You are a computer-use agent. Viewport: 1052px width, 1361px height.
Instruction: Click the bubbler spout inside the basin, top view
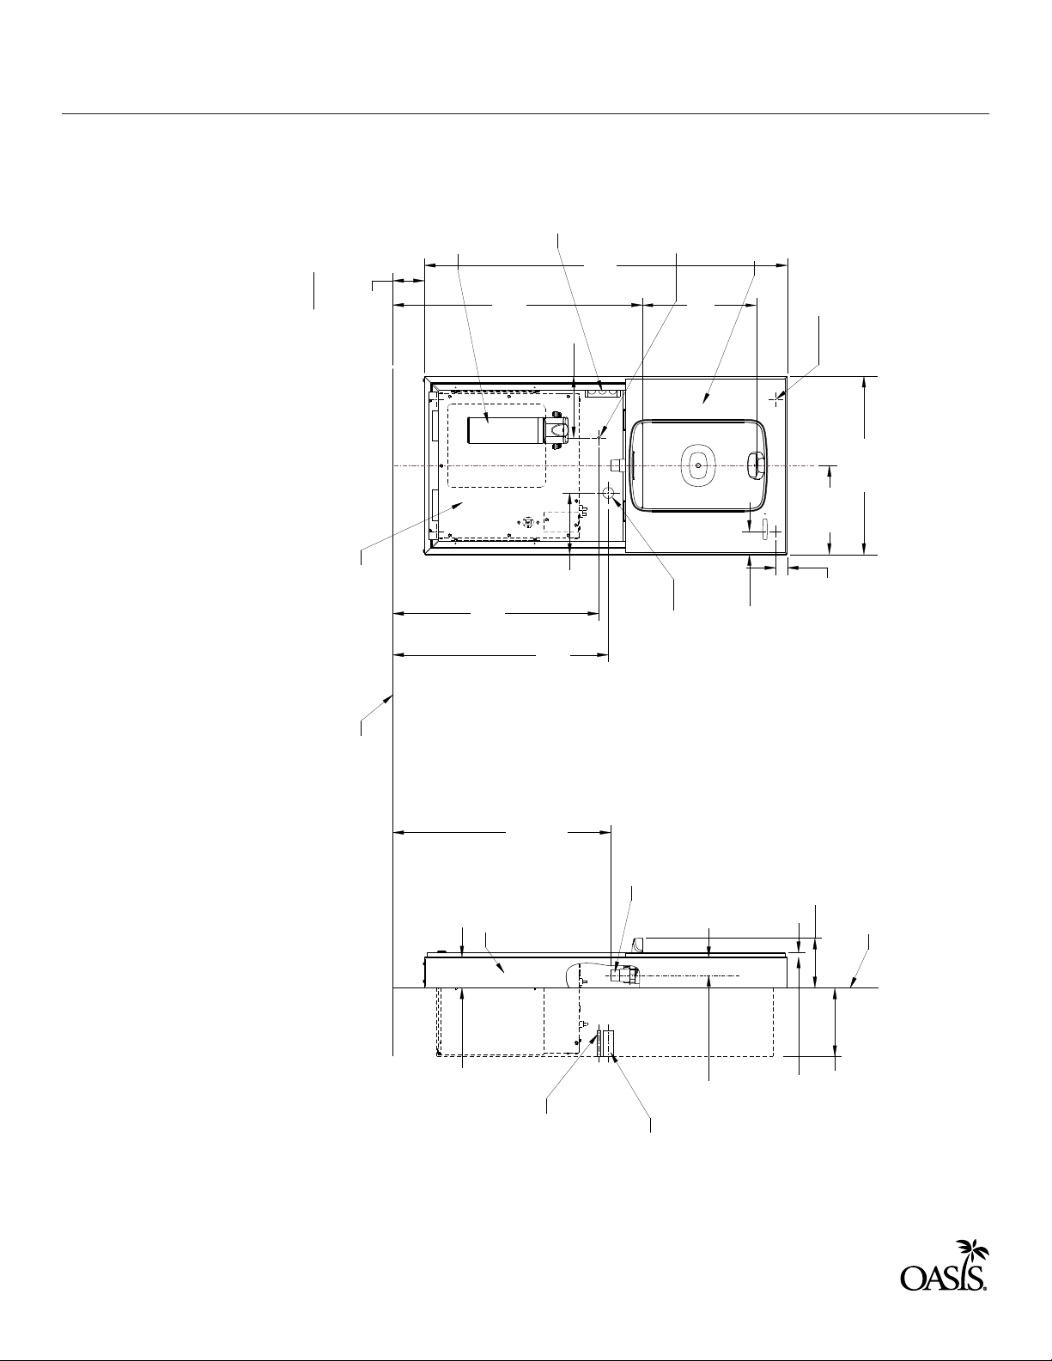pos(757,466)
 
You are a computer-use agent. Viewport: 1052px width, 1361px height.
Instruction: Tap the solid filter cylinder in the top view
pos(508,431)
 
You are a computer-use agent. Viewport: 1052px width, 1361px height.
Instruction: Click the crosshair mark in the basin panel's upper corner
pos(777,398)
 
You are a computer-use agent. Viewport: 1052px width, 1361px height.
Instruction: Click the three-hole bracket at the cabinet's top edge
pos(602,392)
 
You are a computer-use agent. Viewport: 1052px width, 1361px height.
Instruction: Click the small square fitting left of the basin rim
pos(616,465)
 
